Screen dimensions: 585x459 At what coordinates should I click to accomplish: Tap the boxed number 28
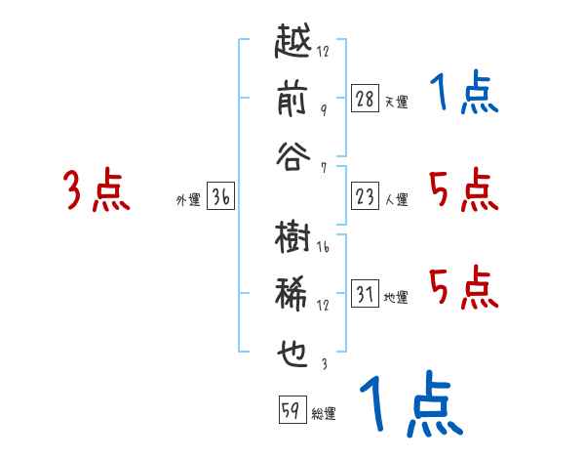pos(365,98)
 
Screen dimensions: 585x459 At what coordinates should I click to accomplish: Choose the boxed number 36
pos(220,197)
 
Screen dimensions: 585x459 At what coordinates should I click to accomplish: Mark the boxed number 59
pos(291,411)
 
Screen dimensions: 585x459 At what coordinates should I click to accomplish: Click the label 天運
pos(397,102)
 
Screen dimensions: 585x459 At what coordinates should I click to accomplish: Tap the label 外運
pos(188,200)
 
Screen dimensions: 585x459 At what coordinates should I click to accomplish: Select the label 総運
pos(324,414)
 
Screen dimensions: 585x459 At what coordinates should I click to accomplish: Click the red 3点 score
pos(97,190)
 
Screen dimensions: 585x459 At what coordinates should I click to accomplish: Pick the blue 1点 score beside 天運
pos(464,95)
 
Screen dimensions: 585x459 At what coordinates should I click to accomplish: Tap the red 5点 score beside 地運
pos(464,287)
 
